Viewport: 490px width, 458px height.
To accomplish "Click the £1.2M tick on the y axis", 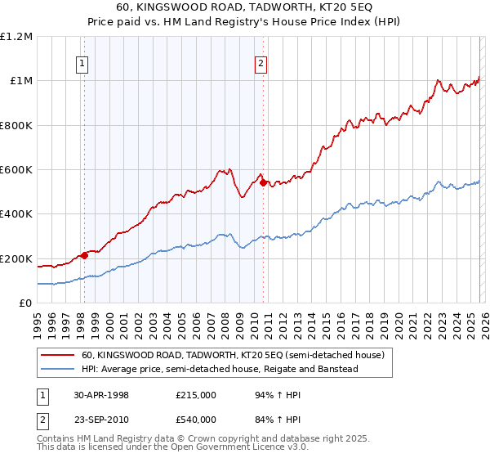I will [x=16, y=37].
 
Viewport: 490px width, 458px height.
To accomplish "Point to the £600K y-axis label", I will [x=16, y=170].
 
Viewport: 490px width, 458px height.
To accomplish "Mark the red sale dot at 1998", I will [x=85, y=256].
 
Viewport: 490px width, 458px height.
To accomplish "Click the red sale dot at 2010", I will [x=263, y=183].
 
